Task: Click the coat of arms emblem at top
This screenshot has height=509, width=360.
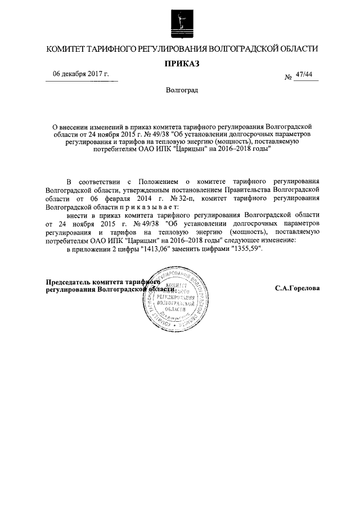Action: click(x=180, y=20)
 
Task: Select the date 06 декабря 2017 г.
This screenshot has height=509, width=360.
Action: click(x=80, y=74)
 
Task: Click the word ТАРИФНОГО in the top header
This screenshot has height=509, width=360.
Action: click(x=112, y=49)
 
